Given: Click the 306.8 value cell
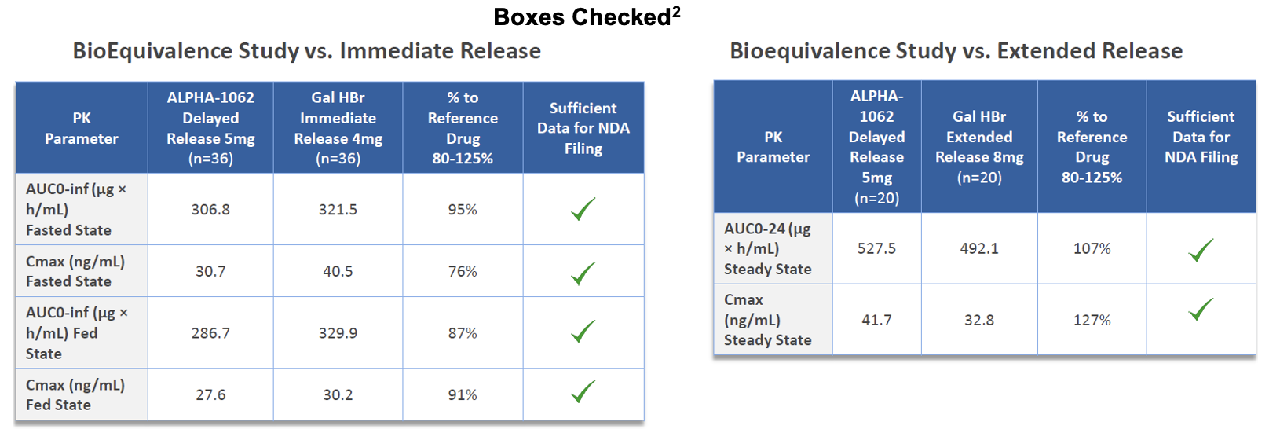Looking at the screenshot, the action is point(210,210).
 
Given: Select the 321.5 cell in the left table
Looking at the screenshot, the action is point(338,210).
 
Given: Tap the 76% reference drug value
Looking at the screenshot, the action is point(463,271).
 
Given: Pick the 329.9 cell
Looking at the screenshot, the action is point(338,333).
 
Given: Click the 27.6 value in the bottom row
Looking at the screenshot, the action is point(210,395).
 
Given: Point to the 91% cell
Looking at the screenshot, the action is point(463,395).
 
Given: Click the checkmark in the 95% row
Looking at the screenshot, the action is point(583,208).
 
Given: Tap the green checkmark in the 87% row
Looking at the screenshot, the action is point(583,332).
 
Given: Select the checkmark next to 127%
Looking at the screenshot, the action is point(1201,309).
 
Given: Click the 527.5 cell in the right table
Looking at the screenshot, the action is point(876,248).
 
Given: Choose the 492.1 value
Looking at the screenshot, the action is point(979,248).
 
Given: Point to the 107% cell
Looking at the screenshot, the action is point(1092,248).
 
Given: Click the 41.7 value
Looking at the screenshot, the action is point(876,320).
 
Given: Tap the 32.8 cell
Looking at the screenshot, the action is point(979,320).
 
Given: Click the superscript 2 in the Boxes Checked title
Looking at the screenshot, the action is point(676,13).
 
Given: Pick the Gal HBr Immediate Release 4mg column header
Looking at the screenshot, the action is point(338,127).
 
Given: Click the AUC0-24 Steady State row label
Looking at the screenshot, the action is point(767,248).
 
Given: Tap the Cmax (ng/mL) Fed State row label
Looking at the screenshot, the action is point(75,395).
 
